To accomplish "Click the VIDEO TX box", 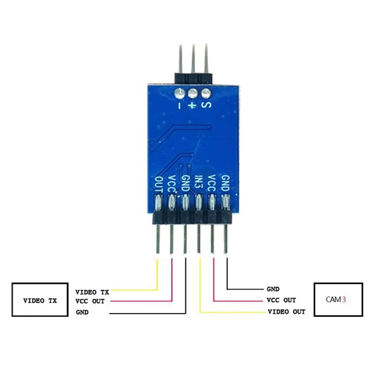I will pos(40,300).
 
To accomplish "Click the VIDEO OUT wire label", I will pos(287,312).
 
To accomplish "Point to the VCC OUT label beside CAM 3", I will pos(281,300).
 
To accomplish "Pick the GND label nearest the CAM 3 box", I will pos(273,288).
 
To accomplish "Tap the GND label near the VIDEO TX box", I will pos(82,313).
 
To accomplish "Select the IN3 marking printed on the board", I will pos(199,184).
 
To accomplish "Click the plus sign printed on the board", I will pos(192,105).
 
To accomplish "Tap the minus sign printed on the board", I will pos(179,105).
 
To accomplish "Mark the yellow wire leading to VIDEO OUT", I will pos(201,289).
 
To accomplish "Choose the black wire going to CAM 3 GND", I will pos(228,275).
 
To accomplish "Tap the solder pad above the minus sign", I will pos(179,93).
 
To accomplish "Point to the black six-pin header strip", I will pos(192,218).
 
